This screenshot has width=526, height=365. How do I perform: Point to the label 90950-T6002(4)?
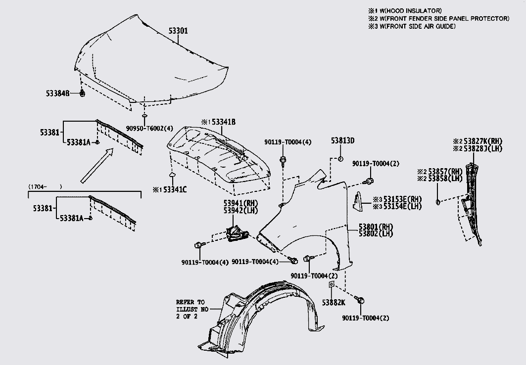click(x=144, y=128)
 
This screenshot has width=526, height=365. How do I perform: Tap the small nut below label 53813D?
click(x=341, y=158)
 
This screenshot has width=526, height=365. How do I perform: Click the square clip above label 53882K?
click(x=331, y=285)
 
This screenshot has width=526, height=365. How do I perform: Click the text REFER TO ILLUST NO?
click(x=190, y=305)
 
